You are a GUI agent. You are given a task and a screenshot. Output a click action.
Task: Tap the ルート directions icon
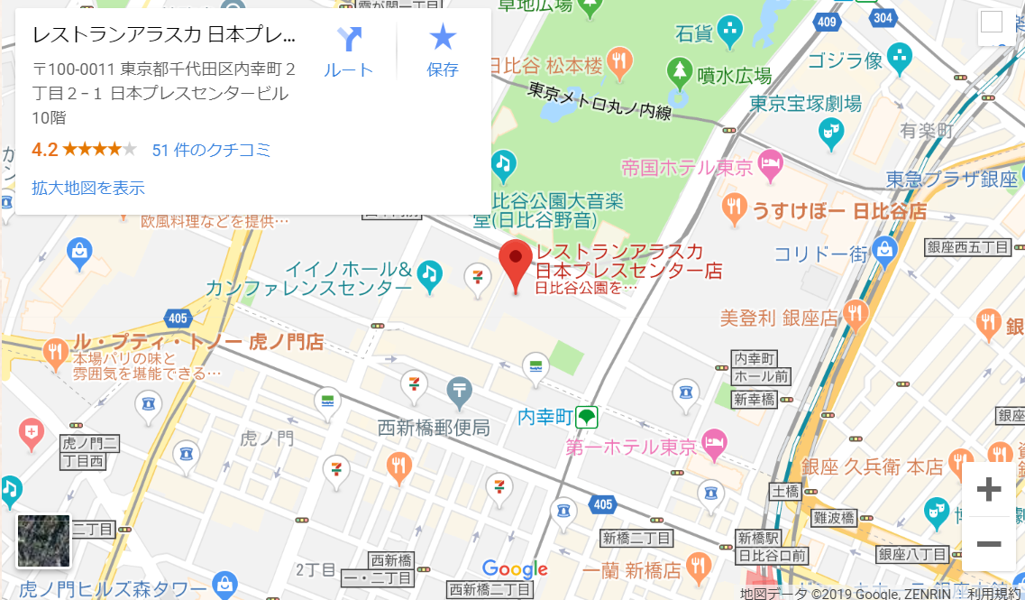348,40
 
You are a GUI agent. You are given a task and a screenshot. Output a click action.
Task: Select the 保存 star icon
443,38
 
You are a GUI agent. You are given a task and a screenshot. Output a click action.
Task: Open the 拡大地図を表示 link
88,188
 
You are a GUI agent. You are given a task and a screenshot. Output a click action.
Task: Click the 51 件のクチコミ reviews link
211,150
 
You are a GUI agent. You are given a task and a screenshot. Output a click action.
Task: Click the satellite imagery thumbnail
43,541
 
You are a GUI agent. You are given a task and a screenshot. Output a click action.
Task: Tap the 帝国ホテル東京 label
686,167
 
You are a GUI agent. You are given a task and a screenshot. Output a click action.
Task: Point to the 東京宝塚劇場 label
805,102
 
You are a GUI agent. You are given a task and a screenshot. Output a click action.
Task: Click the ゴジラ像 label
844,60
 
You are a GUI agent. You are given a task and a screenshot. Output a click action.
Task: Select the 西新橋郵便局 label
434,427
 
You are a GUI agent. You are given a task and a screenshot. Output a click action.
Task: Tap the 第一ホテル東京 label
631,446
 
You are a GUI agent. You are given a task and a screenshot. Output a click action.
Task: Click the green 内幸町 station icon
587,417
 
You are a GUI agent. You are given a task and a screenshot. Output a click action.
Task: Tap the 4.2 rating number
45,150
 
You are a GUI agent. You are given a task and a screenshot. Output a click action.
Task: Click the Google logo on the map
515,568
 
